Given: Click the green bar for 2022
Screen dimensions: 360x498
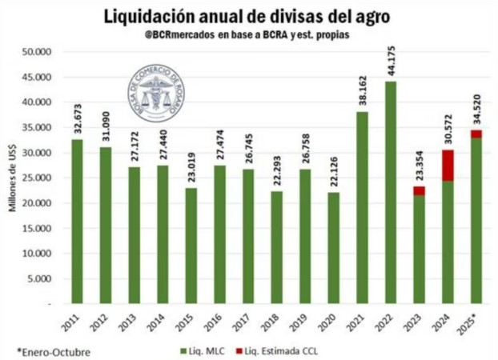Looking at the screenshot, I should tap(390, 192).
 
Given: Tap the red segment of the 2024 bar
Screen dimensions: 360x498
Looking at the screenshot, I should tap(448, 165).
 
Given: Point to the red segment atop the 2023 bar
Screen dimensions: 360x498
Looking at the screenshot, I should tap(419, 190).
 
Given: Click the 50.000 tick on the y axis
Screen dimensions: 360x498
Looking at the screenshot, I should tap(37, 52).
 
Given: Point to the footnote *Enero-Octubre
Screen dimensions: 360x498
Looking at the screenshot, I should tap(54, 351).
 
